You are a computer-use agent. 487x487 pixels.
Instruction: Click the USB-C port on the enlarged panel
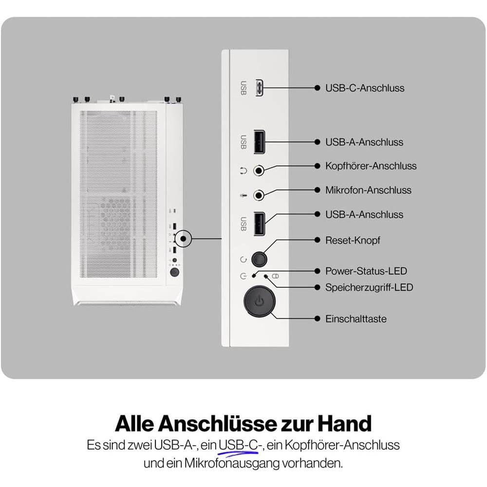259,88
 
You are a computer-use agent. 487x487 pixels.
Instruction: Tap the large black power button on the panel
259,301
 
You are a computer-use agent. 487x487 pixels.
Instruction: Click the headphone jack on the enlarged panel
260,170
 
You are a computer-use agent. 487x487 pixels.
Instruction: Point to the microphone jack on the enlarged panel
260,195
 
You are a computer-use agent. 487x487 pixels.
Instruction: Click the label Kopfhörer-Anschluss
371,166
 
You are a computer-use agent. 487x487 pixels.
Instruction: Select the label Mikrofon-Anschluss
368,190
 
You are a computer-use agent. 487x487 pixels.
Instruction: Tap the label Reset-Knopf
353,240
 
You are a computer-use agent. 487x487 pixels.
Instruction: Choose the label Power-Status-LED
366,271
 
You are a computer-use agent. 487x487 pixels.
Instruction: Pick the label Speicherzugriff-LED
369,287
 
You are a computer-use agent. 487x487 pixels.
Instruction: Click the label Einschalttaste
356,319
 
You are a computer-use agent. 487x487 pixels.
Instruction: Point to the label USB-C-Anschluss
365,88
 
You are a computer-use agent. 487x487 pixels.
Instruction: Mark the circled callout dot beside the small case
184,239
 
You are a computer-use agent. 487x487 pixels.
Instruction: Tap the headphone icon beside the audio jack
243,170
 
